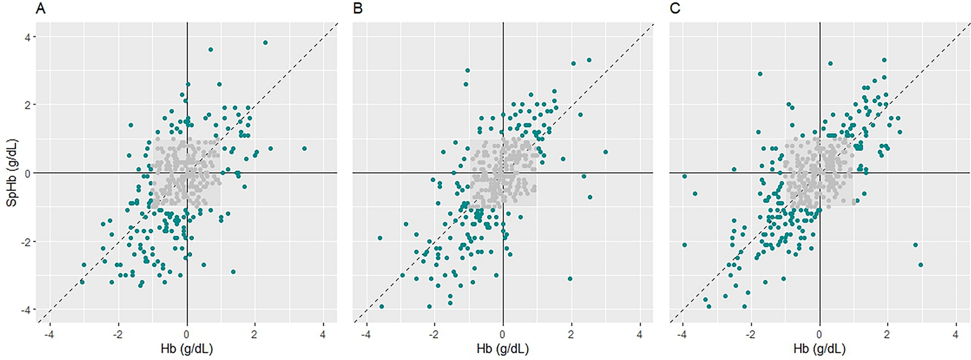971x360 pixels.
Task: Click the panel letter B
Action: (x=358, y=9)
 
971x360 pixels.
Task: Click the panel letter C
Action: (x=675, y=9)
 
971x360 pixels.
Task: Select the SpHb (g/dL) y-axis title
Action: (x=12, y=173)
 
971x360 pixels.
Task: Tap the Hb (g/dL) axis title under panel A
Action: (x=187, y=348)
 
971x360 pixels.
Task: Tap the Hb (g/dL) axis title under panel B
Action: (x=503, y=348)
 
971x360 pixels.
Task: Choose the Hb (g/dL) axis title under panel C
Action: (x=820, y=348)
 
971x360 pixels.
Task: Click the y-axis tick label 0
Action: (x=27, y=173)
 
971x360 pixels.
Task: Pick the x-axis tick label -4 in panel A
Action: (x=49, y=334)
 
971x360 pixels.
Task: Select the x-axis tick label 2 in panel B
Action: (x=571, y=334)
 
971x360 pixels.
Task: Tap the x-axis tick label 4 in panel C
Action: (x=956, y=334)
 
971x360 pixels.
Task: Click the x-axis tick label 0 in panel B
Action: (x=503, y=334)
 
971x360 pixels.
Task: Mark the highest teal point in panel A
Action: (x=265, y=42)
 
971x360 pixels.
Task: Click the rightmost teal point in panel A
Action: (x=304, y=149)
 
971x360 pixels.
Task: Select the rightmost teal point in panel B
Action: (x=605, y=152)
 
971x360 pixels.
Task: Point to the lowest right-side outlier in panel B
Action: (x=570, y=279)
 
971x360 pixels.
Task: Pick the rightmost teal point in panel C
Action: (x=921, y=265)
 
